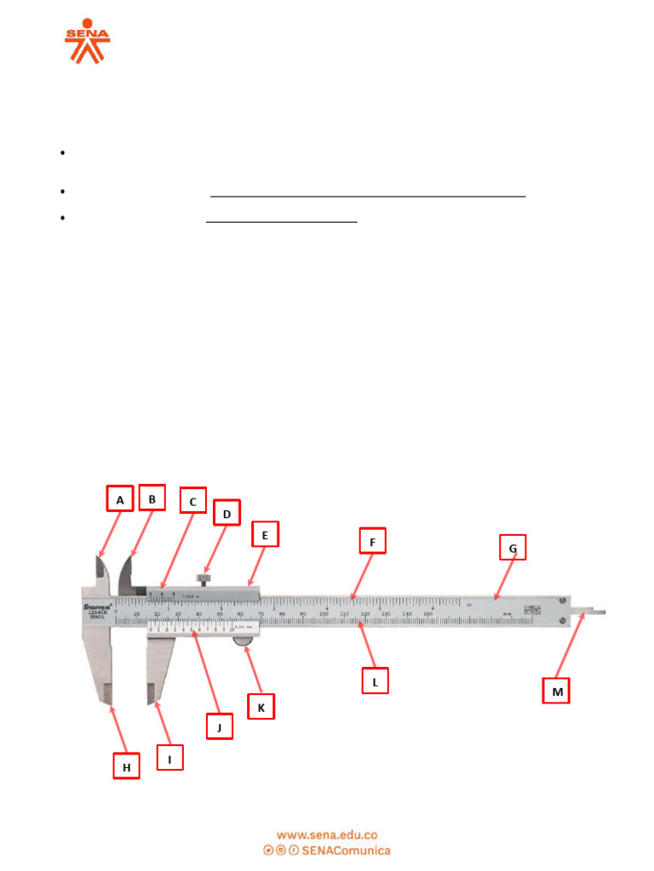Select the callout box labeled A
(x=120, y=499)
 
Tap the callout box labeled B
(x=152, y=499)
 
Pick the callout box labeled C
(x=193, y=502)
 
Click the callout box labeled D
(x=227, y=513)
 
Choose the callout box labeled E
(x=265, y=535)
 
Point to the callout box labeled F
(x=372, y=541)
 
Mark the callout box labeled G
(x=513, y=549)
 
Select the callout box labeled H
(x=127, y=766)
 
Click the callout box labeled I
(x=169, y=757)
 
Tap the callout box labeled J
(x=220, y=726)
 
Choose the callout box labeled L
(x=375, y=680)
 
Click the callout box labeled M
(x=557, y=692)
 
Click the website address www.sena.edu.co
(x=327, y=835)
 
